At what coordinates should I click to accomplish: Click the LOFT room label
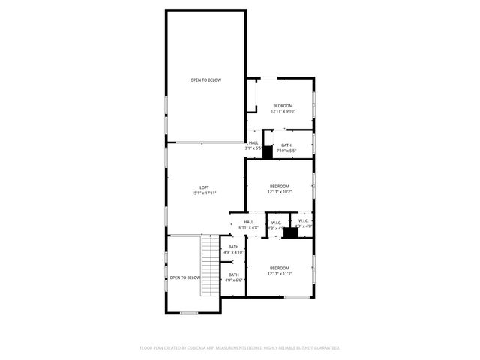(204, 187)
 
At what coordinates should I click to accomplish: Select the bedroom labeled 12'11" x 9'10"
(282, 108)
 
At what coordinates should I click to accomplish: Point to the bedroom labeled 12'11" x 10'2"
(279, 189)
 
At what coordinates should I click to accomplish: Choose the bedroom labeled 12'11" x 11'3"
(279, 271)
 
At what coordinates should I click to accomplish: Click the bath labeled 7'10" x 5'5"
(286, 148)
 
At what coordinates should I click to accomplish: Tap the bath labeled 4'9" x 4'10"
(234, 249)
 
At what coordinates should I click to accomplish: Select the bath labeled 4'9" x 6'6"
(234, 277)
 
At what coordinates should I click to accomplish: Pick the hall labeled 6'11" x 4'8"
(248, 224)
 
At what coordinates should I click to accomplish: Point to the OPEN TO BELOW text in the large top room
(205, 80)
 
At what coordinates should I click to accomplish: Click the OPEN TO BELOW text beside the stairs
(184, 277)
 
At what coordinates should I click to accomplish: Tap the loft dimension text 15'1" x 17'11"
(204, 193)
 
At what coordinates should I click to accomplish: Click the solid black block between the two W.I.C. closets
(290, 232)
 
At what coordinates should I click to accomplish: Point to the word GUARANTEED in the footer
(325, 347)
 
